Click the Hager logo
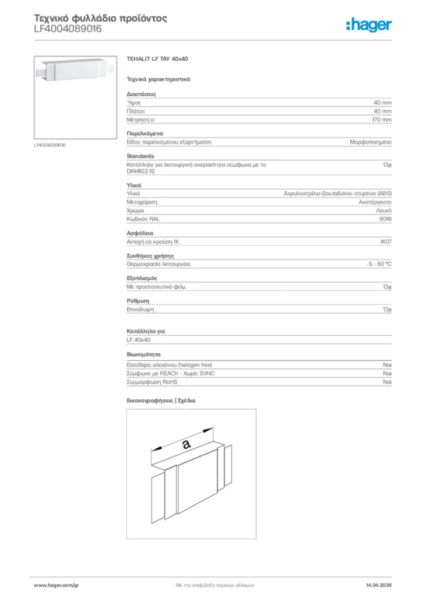tap(368, 24)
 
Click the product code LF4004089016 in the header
tap(68, 28)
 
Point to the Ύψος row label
tap(134, 102)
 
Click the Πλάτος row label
tap(136, 111)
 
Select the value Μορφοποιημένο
tap(371, 142)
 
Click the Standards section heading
tap(140, 156)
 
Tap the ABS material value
tap(337, 193)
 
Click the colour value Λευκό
tap(384, 210)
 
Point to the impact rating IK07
tap(385, 241)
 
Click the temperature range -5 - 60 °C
tap(375, 264)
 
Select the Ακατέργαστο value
tap(375, 202)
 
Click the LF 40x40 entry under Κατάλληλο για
tap(139, 339)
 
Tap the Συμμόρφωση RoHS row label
tap(152, 382)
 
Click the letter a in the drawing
tap(186, 444)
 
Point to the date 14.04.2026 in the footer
tap(378, 585)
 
